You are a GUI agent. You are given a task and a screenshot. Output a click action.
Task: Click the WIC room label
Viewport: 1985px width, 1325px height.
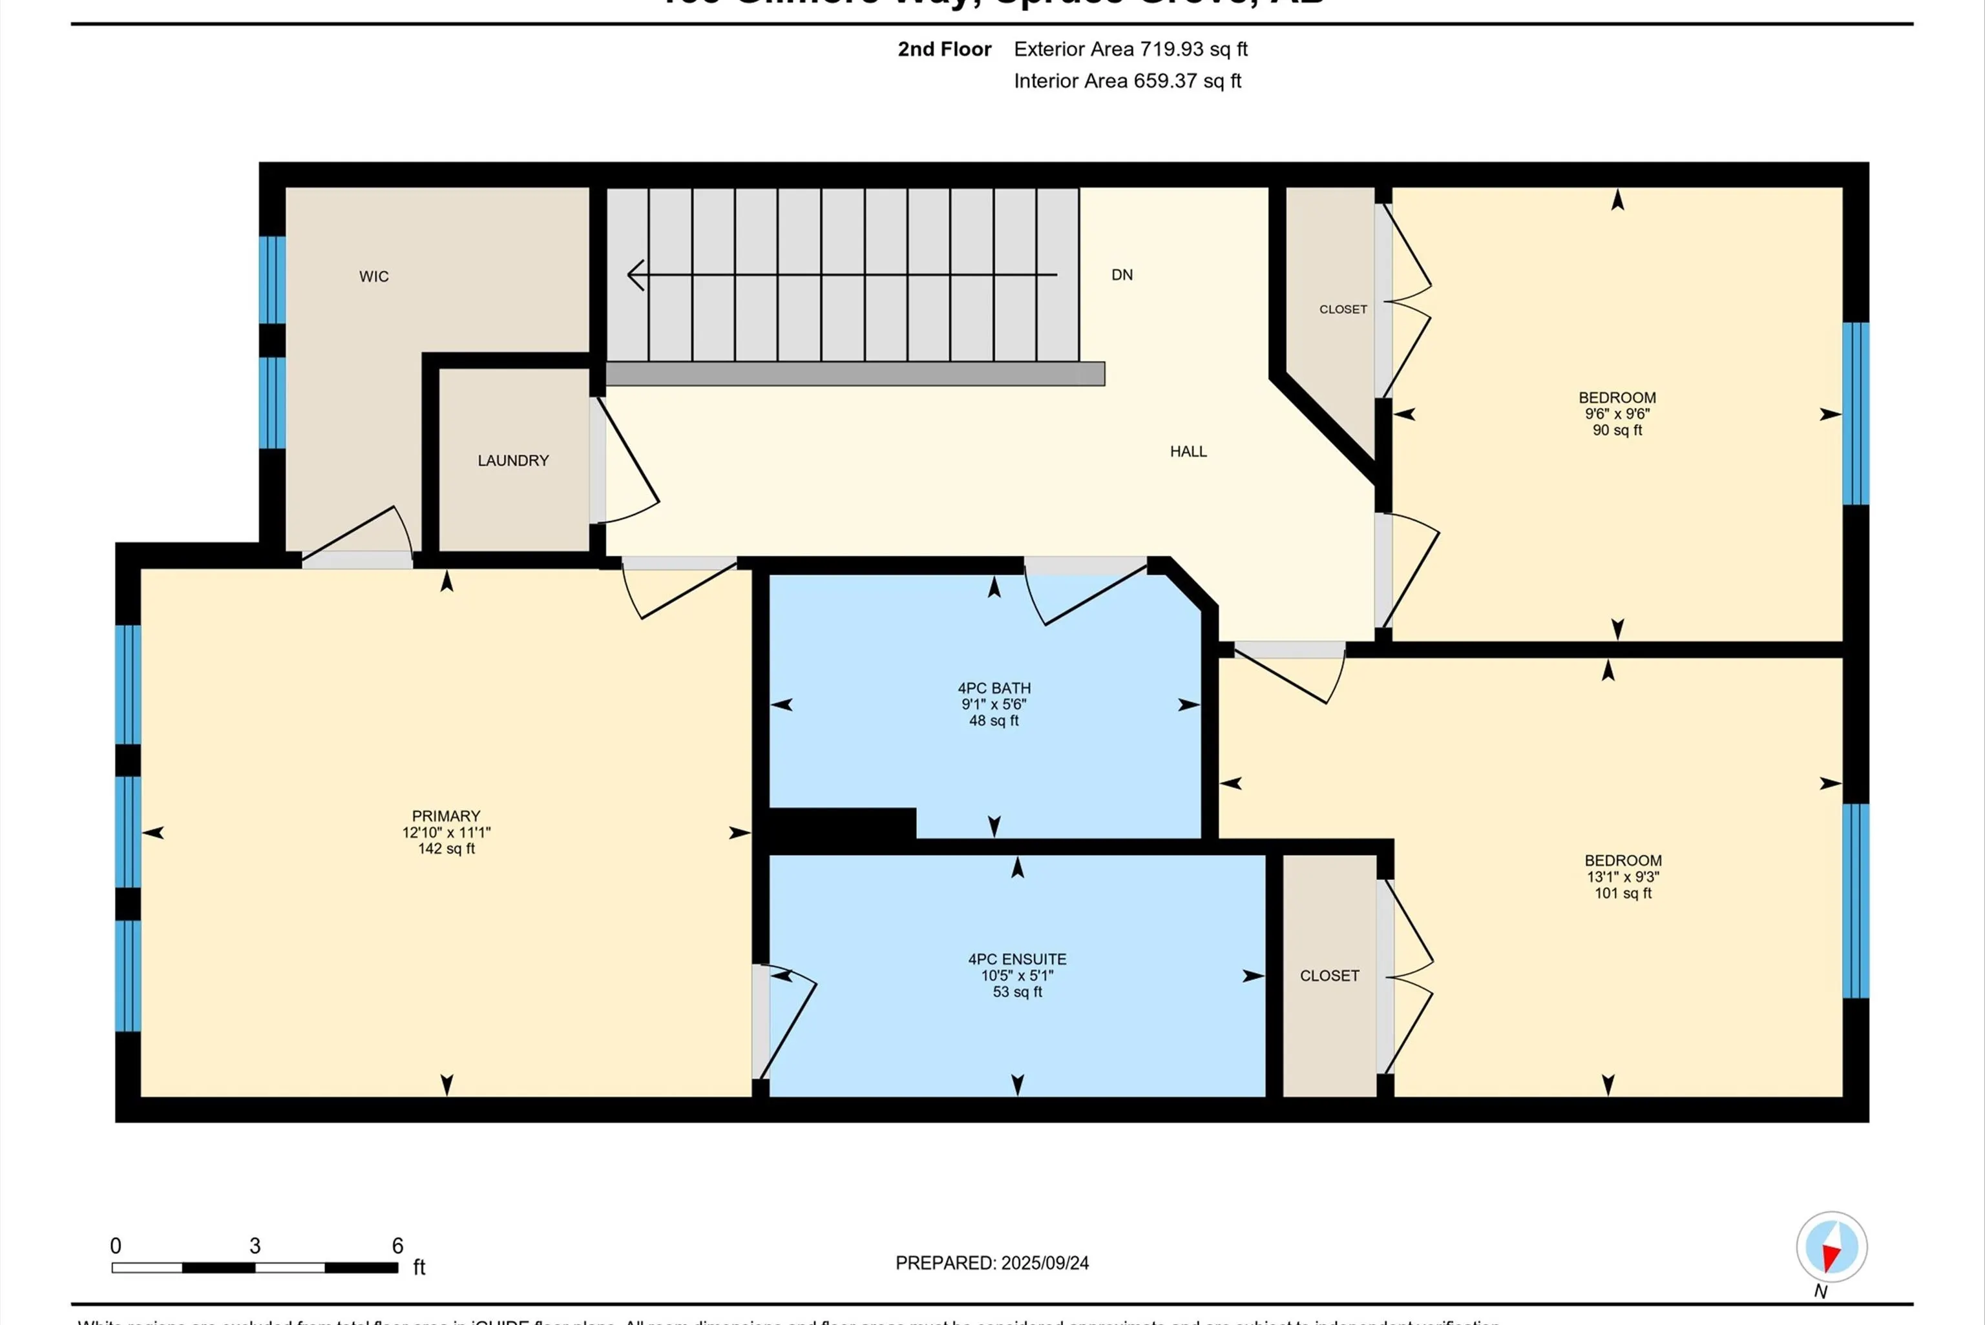pyautogui.click(x=373, y=276)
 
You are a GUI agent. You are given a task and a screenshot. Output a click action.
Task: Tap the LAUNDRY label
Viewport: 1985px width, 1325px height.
pyautogui.click(x=513, y=460)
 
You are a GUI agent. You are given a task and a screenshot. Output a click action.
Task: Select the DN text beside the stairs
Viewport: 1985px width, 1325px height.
pyautogui.click(x=1122, y=274)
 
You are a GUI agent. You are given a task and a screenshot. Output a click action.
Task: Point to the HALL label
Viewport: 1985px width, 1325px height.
pyautogui.click(x=1188, y=451)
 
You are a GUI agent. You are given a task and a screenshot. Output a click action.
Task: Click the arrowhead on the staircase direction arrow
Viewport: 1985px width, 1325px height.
pyautogui.click(x=636, y=274)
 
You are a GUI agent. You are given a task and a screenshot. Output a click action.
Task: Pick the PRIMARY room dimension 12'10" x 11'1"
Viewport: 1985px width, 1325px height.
pyautogui.click(x=446, y=832)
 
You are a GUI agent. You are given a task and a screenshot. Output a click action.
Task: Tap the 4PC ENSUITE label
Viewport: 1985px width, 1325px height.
pyautogui.click(x=1017, y=959)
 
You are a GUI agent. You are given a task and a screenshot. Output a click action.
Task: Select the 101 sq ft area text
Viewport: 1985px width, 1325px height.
pyautogui.click(x=1623, y=893)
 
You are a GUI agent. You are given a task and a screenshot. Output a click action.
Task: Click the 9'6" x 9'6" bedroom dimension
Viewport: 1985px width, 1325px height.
pyautogui.click(x=1617, y=414)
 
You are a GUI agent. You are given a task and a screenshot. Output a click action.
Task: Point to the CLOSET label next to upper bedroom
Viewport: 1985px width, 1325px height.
pyautogui.click(x=1343, y=309)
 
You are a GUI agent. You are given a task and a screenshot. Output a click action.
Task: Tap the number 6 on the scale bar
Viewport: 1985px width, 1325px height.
pyautogui.click(x=397, y=1246)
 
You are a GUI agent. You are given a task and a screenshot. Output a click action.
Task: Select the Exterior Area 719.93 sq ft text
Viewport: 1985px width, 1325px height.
pyautogui.click(x=1130, y=49)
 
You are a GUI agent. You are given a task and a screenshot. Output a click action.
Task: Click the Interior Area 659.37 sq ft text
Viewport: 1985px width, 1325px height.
pyautogui.click(x=1127, y=81)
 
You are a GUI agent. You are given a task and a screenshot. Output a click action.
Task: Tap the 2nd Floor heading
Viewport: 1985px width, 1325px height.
pyautogui.click(x=943, y=49)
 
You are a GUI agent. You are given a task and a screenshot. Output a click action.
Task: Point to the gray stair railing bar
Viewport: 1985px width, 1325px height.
pyautogui.click(x=854, y=373)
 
